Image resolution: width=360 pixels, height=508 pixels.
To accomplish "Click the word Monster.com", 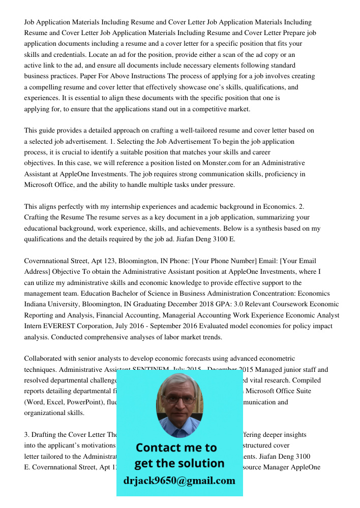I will pyautogui.click(x=199, y=163).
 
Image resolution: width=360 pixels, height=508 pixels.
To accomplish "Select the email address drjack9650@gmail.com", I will pyautogui.click(x=179, y=480).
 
